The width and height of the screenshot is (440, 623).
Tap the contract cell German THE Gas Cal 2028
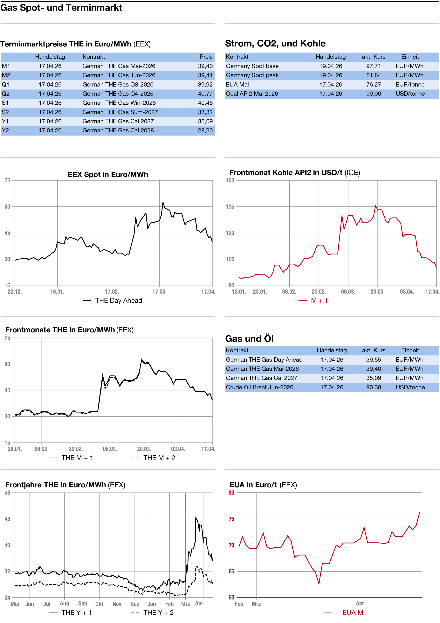pos(118,130)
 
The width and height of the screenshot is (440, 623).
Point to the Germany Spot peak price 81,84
pos(374,75)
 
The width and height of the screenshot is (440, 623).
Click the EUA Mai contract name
pos(237,85)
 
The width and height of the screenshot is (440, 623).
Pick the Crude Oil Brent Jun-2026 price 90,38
pos(374,387)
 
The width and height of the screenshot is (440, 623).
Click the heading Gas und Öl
pos(249,339)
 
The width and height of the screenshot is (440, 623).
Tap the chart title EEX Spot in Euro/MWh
pos(108,174)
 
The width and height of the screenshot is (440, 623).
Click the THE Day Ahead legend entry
pos(118,301)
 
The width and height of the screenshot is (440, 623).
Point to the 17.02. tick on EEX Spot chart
pos(112,292)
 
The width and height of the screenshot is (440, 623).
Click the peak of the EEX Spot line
pos(163,202)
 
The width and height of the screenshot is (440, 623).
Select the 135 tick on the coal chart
pos(230,207)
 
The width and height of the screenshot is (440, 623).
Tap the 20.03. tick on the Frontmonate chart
pos(144,449)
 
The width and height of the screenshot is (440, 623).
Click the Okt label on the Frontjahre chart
pos(99,604)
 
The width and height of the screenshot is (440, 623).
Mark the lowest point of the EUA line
pos(319,584)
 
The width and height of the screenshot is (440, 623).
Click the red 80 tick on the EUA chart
pos(231,493)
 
